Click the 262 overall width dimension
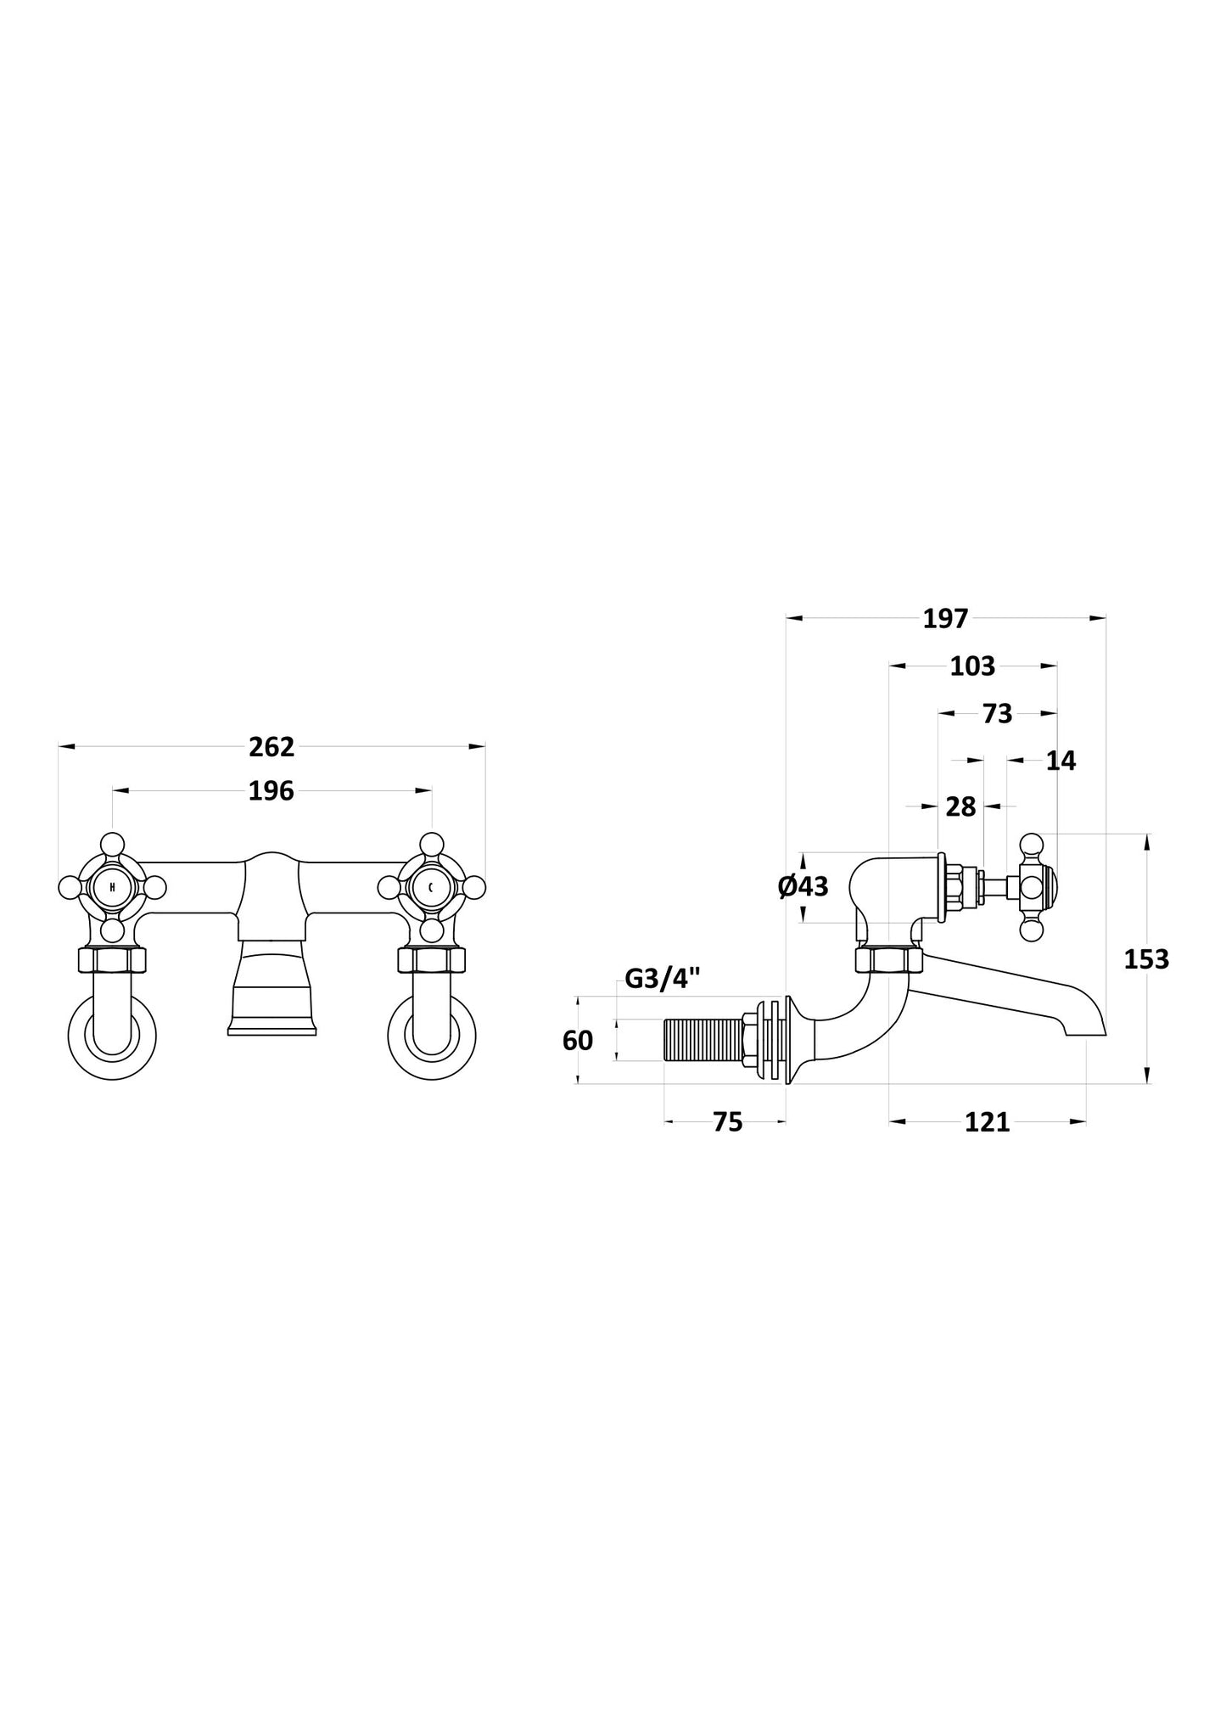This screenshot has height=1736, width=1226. (272, 747)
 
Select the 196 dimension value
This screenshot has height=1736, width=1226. (272, 791)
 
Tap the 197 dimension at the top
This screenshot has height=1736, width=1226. (945, 619)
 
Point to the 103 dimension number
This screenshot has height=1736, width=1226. (972, 666)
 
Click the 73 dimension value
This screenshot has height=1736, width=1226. (998, 714)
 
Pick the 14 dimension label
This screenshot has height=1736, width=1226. (1061, 761)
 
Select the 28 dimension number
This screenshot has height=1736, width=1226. (960, 807)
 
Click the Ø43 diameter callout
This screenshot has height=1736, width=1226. (803, 887)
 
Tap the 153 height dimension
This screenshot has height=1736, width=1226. (1146, 959)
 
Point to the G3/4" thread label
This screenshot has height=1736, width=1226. (663, 979)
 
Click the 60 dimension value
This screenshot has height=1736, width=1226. (578, 1041)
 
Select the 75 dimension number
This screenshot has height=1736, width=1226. (728, 1122)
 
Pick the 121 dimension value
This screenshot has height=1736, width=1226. (988, 1122)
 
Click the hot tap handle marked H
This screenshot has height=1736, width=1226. (112, 888)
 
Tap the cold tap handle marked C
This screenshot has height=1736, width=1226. (432, 888)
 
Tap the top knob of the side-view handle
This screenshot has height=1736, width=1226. (1031, 845)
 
